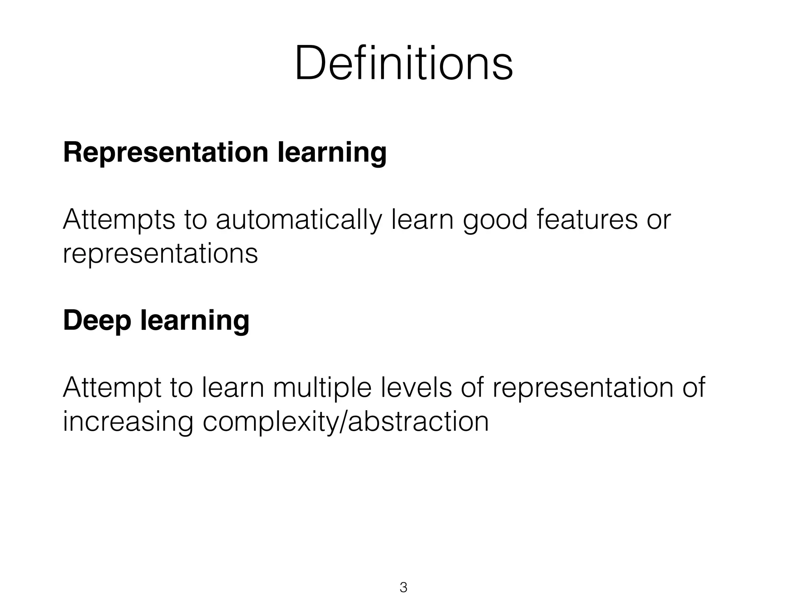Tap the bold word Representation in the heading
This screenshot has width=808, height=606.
166,153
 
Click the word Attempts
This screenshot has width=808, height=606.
119,220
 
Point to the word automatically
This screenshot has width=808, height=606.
299,220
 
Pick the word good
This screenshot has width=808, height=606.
495,220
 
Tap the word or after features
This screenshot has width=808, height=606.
658,220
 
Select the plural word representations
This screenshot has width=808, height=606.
160,253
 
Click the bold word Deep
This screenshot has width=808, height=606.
97,320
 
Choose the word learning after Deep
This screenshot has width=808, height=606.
195,320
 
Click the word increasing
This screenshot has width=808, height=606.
128,421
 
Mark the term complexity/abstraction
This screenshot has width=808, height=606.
346,421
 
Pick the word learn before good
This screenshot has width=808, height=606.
423,220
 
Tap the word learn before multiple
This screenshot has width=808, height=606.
233,388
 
